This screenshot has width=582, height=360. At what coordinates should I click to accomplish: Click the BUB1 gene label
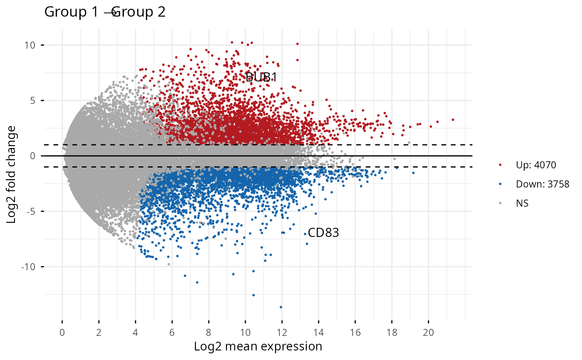coord(261,77)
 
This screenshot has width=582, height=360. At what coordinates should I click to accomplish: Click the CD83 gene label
coord(323,233)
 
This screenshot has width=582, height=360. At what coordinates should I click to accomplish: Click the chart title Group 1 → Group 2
coord(105,12)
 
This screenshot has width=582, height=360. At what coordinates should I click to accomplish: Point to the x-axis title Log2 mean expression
coord(258,346)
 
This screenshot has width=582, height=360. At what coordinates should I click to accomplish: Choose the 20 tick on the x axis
coord(429,333)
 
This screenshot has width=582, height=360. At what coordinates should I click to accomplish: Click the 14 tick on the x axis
coord(319,333)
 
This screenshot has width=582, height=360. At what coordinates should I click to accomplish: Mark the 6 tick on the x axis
coord(172,333)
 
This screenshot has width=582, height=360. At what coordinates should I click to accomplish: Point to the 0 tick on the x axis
coord(62,333)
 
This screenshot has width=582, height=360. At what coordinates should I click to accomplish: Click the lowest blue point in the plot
coord(281,307)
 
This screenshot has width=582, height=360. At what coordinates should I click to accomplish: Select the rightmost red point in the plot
coord(453,120)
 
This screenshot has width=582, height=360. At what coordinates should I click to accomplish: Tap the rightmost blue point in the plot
coord(413,173)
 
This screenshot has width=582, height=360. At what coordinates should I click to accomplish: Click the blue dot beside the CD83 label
coord(305,234)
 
